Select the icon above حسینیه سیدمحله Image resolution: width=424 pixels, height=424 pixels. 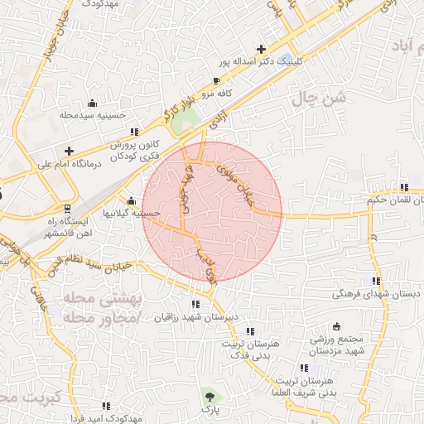[91, 104]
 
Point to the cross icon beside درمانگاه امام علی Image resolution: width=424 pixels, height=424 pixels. [68, 151]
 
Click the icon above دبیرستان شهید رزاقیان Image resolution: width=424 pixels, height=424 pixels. [195, 304]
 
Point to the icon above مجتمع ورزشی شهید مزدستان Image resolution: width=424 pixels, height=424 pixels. [337, 326]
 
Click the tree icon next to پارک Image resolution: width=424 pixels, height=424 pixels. [207, 395]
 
